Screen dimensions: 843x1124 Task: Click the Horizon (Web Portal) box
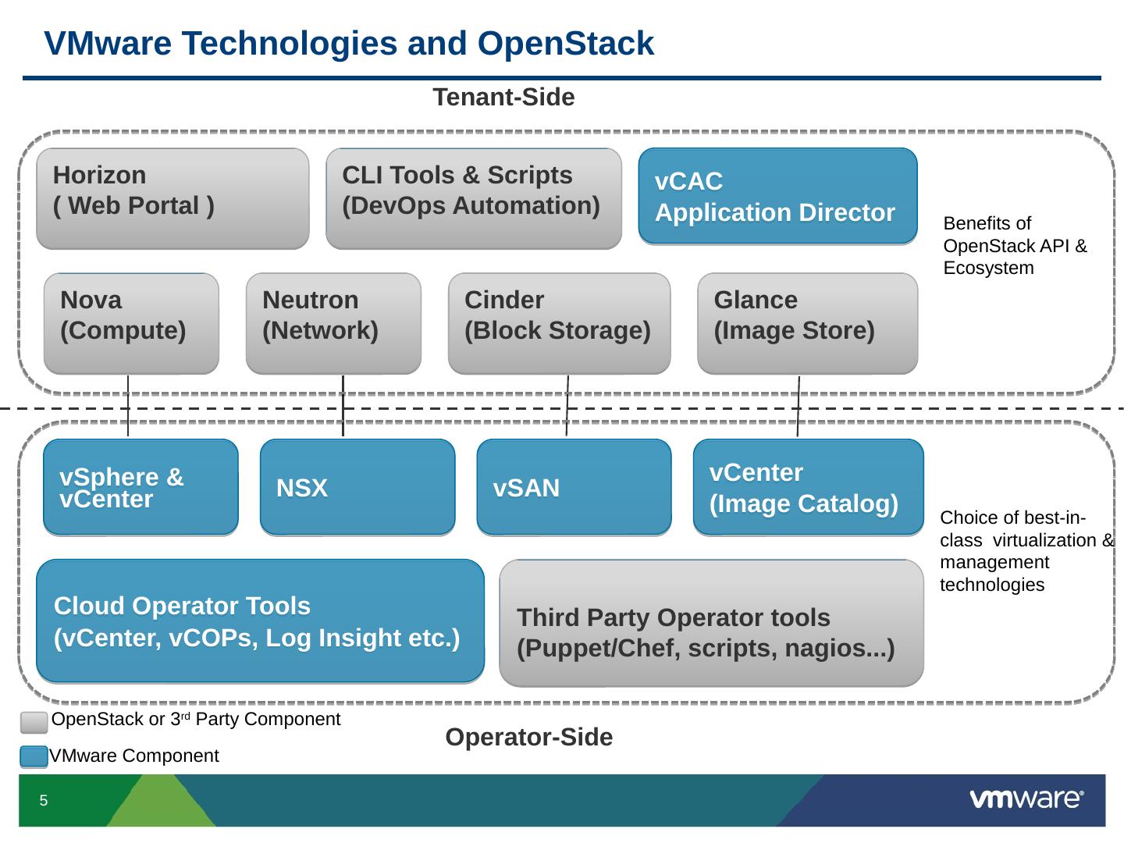[x=173, y=198]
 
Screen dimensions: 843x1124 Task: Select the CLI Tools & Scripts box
[x=473, y=198]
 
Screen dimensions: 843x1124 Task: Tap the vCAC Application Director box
[x=777, y=196]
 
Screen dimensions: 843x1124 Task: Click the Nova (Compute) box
[x=131, y=323]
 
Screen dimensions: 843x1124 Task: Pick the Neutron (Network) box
[x=333, y=323]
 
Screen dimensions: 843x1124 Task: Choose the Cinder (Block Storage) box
[x=559, y=323]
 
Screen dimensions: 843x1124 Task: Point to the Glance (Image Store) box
[x=807, y=323]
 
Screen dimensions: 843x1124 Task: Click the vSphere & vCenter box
[x=140, y=487]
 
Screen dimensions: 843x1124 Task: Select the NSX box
[x=357, y=487]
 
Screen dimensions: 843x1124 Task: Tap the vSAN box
[x=574, y=487]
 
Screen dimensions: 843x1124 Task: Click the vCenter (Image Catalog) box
[x=808, y=487]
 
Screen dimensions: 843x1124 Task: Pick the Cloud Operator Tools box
[x=260, y=621]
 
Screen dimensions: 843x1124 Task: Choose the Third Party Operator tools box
[x=711, y=623]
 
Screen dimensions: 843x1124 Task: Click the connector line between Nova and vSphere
[x=128, y=407]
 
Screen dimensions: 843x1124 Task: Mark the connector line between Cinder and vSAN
[x=567, y=407]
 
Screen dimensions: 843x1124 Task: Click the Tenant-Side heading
[x=503, y=98]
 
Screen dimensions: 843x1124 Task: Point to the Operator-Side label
[x=528, y=737]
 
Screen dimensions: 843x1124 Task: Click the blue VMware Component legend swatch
[x=34, y=756]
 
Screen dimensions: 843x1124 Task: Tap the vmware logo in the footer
[x=1026, y=799]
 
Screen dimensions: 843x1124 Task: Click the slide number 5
[x=44, y=801]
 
